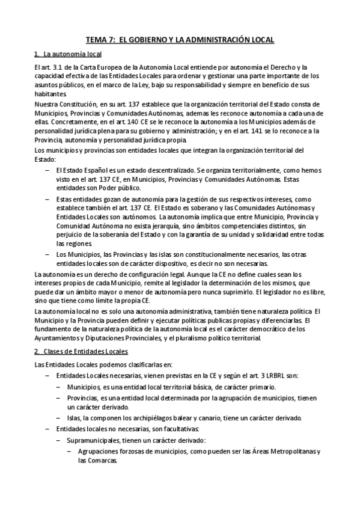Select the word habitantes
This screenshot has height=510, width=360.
51,94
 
